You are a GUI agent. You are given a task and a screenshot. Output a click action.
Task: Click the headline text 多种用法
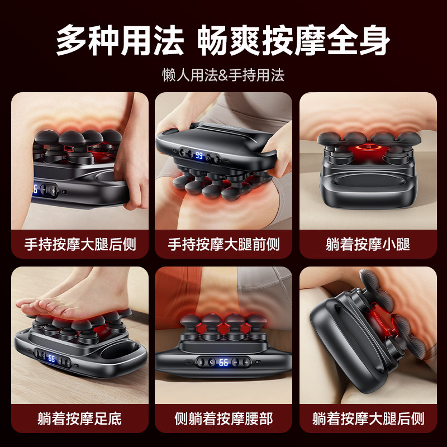(x=120, y=40)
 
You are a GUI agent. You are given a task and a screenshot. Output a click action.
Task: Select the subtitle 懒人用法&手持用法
(x=223, y=75)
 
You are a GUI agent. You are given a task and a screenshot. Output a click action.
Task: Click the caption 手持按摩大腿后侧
(x=80, y=244)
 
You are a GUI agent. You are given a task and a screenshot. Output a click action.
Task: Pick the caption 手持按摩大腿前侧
(x=223, y=244)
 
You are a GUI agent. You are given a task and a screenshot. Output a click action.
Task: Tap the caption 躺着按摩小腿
(x=368, y=244)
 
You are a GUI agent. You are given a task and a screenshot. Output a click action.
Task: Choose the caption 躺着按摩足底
(x=80, y=418)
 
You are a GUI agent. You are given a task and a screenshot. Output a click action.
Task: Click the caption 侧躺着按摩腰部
(x=223, y=418)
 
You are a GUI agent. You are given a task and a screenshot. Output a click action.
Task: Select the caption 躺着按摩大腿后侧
(x=368, y=418)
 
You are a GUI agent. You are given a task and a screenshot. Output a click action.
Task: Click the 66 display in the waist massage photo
(x=223, y=362)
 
